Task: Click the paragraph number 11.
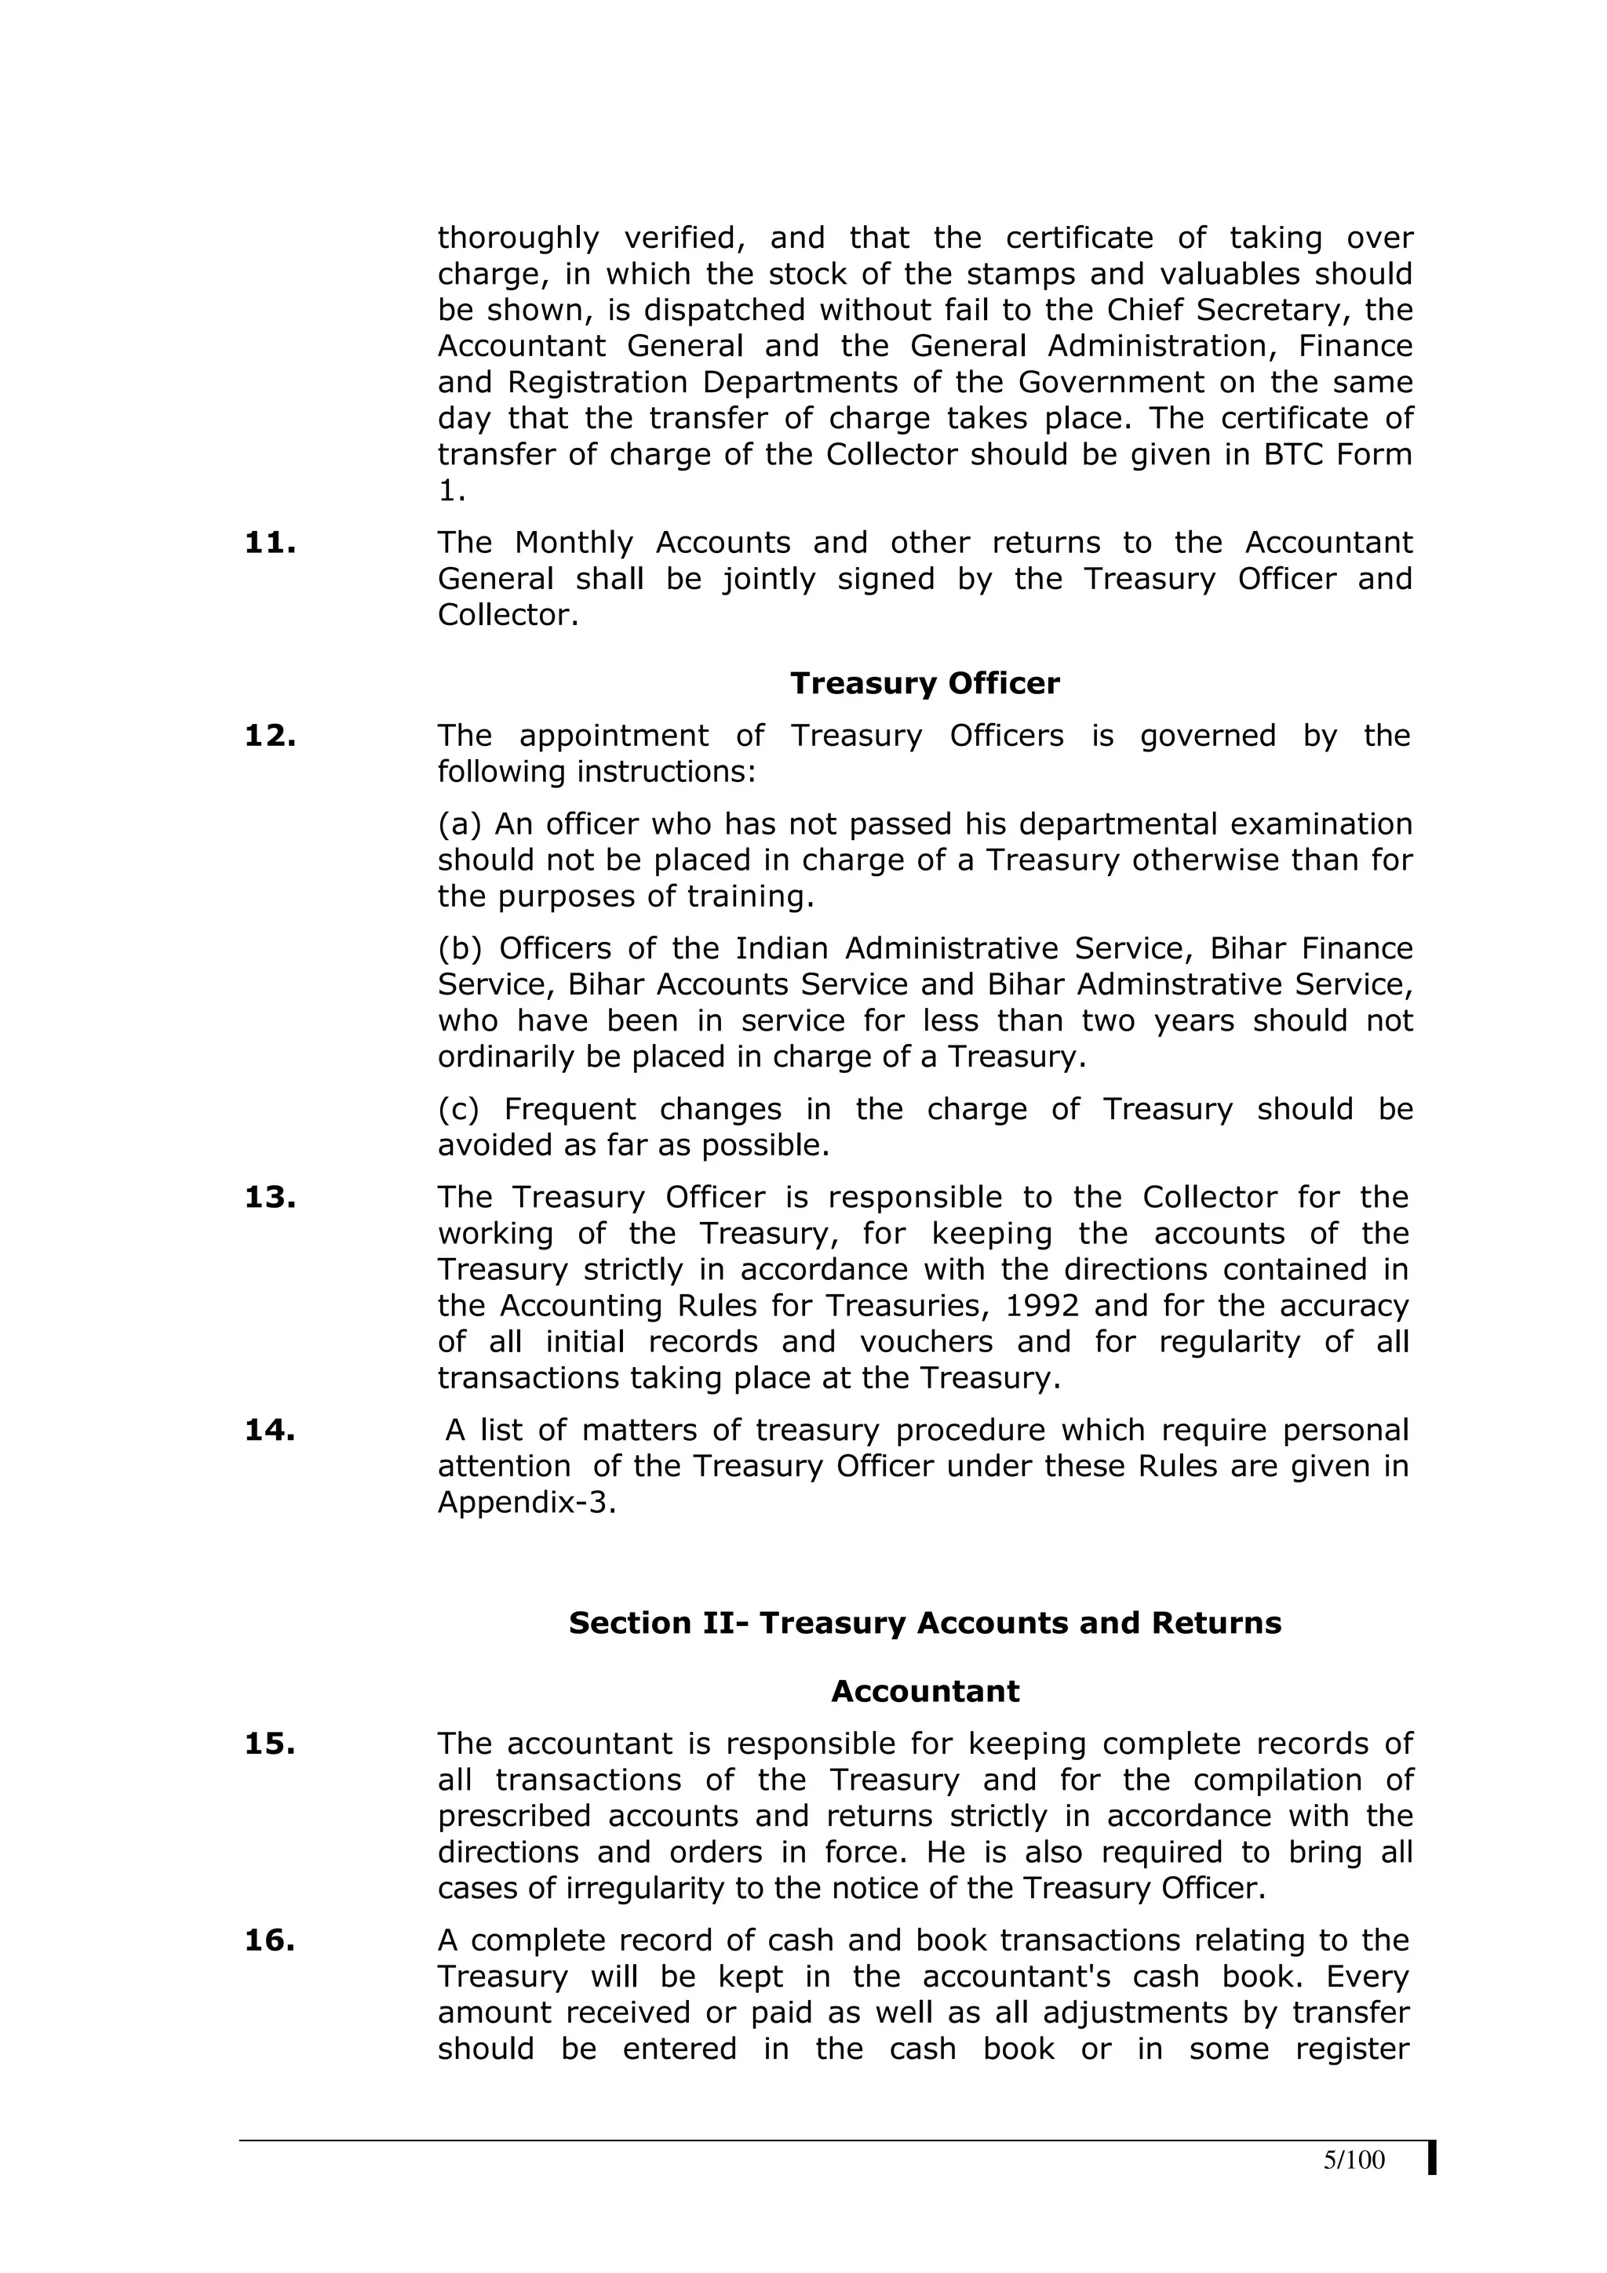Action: coord(269,543)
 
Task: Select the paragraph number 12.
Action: coord(269,736)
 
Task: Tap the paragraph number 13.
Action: coord(269,1197)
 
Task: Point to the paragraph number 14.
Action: coord(269,1430)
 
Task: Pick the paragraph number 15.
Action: coord(269,1744)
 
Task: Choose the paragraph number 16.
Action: coord(269,1940)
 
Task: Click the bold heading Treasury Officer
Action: coord(925,683)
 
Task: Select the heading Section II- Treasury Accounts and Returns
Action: coord(925,1623)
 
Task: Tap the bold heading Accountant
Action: coord(925,1691)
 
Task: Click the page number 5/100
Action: coord(1354,2187)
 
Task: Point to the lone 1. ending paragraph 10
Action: coord(451,490)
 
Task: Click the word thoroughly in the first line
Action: coord(518,238)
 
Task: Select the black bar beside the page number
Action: coord(1432,2185)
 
